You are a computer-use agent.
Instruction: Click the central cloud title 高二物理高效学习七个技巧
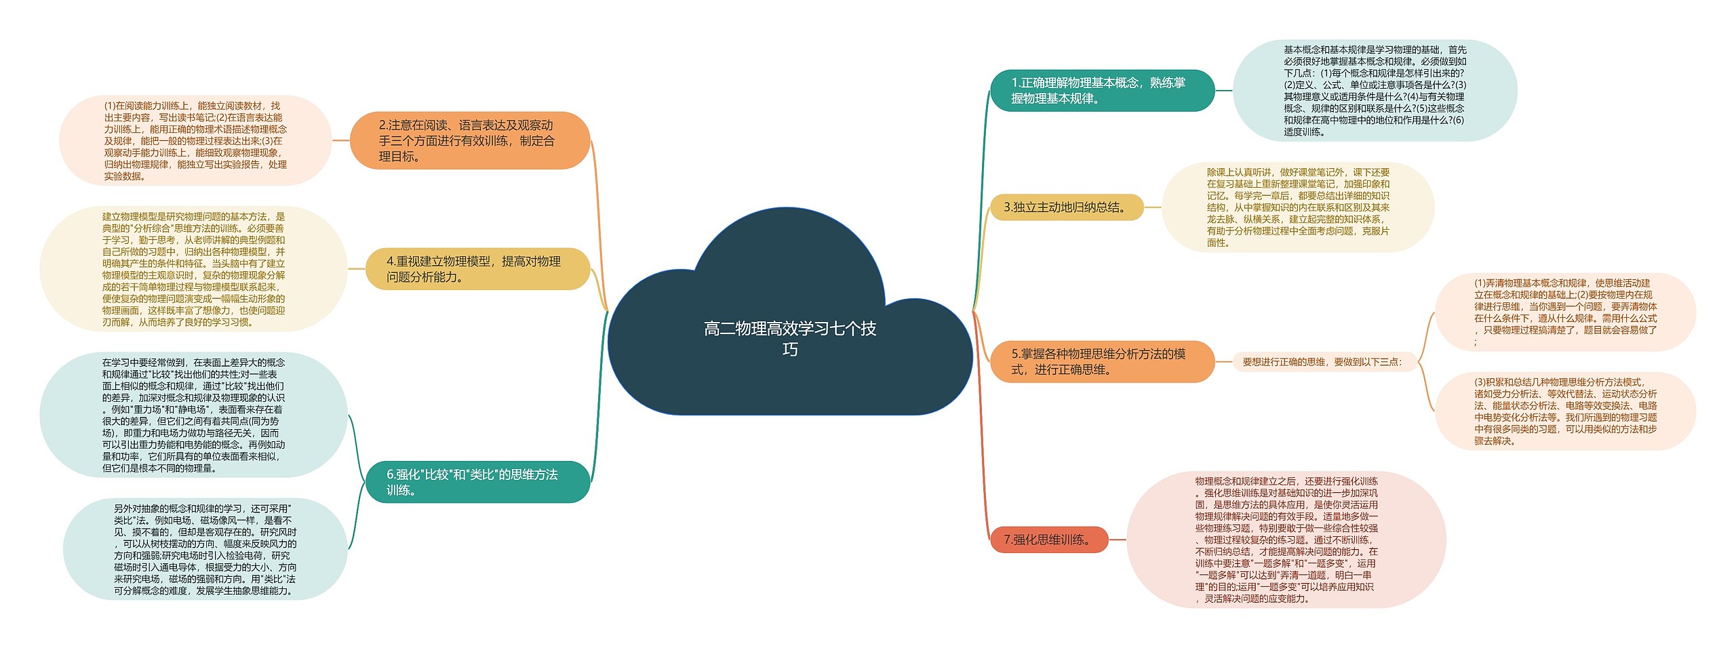(x=790, y=338)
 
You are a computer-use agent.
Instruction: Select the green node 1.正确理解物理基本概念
(x=1101, y=90)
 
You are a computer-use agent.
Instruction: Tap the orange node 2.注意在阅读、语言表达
(x=469, y=141)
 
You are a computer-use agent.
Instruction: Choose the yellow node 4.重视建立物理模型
(x=477, y=269)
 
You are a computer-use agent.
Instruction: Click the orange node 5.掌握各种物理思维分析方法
(x=1101, y=361)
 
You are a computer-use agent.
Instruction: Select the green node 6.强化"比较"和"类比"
(x=477, y=482)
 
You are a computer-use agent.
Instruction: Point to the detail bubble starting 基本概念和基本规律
(x=1375, y=90)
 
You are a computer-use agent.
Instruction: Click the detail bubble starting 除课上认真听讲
(x=1298, y=207)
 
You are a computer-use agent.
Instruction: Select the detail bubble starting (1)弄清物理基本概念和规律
(x=1565, y=312)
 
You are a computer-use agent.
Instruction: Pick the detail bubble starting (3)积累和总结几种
(x=1565, y=411)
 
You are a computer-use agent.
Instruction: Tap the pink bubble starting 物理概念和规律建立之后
(x=1286, y=540)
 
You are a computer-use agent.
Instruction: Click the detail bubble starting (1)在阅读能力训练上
(x=195, y=141)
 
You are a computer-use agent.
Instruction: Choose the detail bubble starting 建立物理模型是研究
(x=194, y=269)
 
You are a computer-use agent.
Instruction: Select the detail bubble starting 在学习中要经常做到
(x=194, y=415)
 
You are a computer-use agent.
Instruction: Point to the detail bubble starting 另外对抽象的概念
(x=205, y=549)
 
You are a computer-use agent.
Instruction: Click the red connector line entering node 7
(x=983, y=474)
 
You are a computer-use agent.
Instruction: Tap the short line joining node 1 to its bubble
(x=1223, y=90)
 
